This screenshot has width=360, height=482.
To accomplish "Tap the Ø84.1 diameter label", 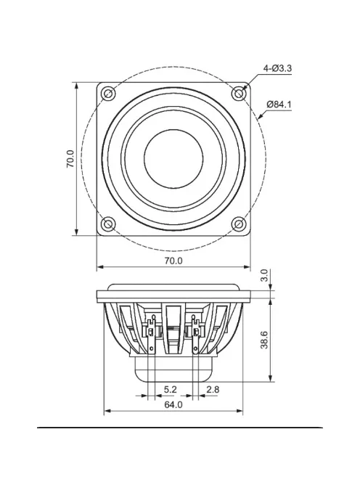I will (279, 104).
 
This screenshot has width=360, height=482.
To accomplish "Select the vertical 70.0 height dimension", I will (70, 159).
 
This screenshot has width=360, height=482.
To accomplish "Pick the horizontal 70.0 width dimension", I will (173, 260).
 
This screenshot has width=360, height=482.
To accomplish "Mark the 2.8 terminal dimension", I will (213, 391).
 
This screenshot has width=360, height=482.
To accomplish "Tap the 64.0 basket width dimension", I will (173, 405).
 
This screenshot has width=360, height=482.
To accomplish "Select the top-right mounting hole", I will (239, 94).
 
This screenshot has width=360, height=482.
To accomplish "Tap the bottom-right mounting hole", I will (239, 224).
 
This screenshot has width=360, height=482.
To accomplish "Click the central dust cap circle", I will (173, 159).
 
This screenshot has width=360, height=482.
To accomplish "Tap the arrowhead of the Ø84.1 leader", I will (259, 116).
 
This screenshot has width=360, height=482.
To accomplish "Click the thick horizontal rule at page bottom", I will (180, 428).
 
